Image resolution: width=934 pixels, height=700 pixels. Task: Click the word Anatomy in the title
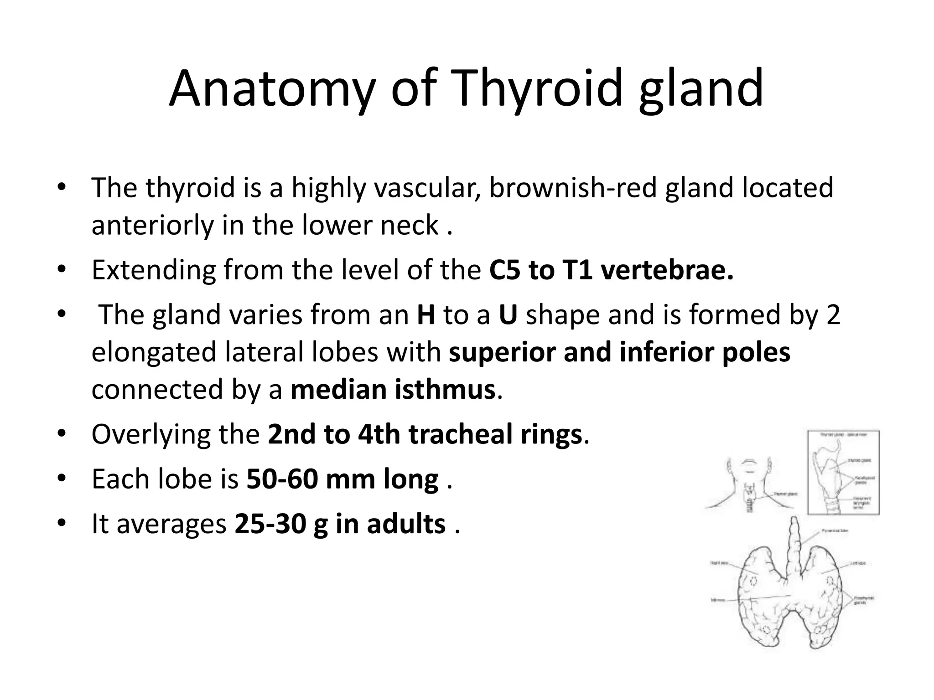coord(272,89)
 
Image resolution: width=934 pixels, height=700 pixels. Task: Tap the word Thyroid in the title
coord(536,89)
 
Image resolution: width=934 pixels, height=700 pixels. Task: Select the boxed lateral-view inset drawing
coord(843,472)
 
